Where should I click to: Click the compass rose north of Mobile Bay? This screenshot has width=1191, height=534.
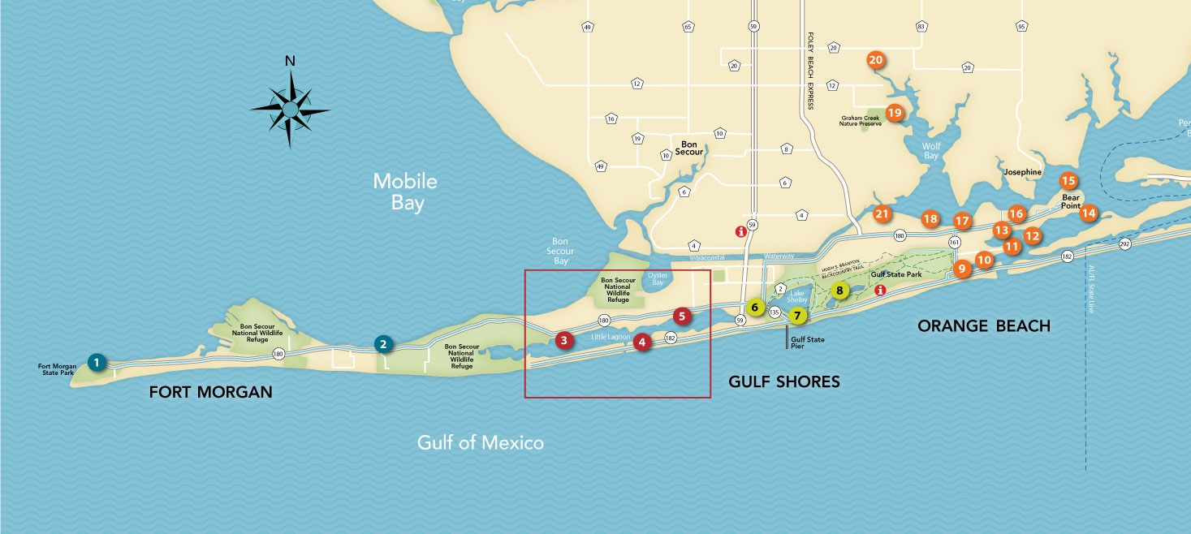tap(290, 109)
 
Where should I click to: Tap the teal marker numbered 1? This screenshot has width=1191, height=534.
tap(97, 362)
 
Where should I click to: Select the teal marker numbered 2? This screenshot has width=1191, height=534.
tap(382, 344)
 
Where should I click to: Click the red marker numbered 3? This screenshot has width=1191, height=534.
tap(563, 340)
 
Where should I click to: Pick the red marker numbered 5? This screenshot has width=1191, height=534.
tap(682, 316)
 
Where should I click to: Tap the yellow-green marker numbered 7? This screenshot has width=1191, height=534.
tap(797, 315)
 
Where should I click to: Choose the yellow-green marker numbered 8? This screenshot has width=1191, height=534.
tap(839, 290)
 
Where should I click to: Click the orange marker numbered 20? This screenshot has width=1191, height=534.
tap(875, 60)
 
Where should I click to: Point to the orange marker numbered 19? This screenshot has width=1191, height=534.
tap(894, 113)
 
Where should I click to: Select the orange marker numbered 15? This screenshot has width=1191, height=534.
tap(1068, 181)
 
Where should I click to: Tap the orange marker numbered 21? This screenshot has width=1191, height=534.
tap(882, 214)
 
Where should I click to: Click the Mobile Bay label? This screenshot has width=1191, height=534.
tap(405, 192)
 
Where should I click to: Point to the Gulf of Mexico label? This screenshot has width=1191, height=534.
tap(480, 442)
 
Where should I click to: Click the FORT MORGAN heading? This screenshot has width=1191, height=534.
tap(210, 393)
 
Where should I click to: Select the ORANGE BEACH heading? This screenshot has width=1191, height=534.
tap(983, 326)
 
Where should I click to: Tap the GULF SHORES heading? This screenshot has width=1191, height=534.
tap(783, 381)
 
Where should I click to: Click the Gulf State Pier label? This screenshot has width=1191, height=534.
tap(808, 343)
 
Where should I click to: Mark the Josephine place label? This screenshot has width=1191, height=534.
tap(1022, 172)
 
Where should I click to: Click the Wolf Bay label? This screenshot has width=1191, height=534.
tap(930, 151)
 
